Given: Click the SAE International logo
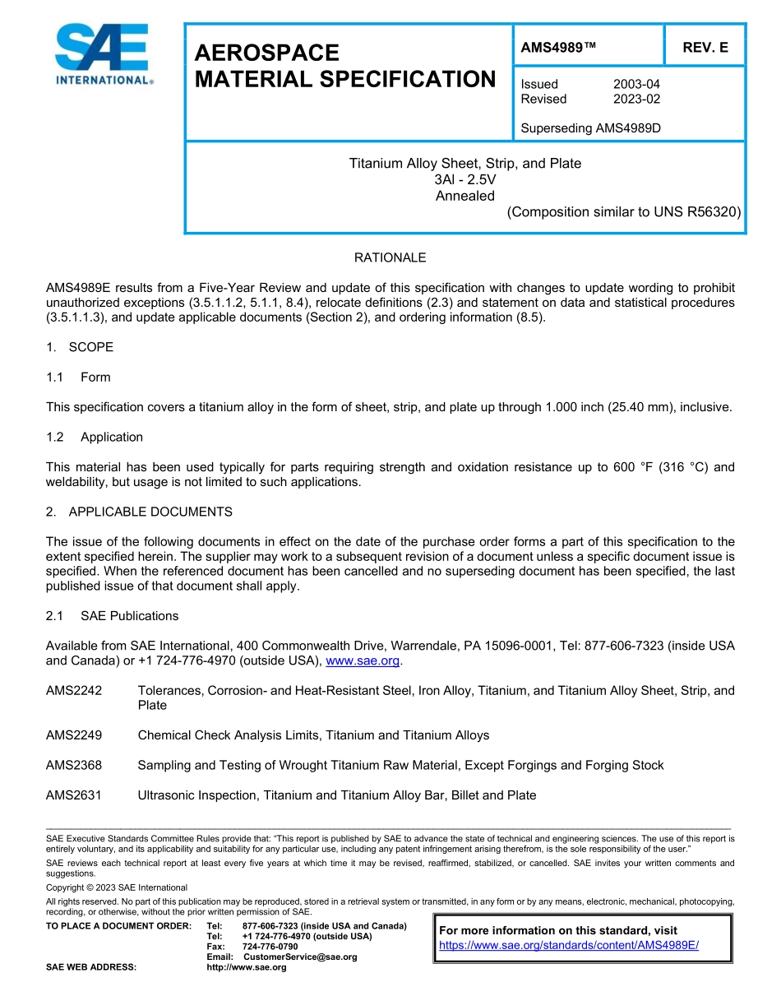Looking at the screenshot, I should pyautogui.click(x=102, y=54).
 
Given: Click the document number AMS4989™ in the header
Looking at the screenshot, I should pyautogui.click(x=558, y=48).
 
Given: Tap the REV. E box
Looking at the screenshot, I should pyautogui.click(x=705, y=48).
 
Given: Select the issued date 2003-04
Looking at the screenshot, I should pyautogui.click(x=636, y=84).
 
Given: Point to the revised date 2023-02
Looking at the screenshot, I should pyautogui.click(x=636, y=99).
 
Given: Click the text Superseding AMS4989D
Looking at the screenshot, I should pyautogui.click(x=591, y=128).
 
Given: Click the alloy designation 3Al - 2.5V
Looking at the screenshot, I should pyautogui.click(x=464, y=179).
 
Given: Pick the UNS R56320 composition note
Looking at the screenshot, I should pyautogui.click(x=624, y=211).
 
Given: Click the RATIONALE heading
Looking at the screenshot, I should pyautogui.click(x=390, y=257).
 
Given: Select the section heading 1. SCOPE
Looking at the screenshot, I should pyautogui.click(x=80, y=347).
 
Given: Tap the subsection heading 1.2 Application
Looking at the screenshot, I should pyautogui.click(x=95, y=437).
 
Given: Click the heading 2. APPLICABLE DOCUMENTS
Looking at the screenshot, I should pyautogui.click(x=139, y=512).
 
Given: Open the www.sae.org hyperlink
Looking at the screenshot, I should pyautogui.click(x=363, y=660).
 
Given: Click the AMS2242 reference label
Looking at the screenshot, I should pyautogui.click(x=74, y=691).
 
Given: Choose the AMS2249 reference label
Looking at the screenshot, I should pyautogui.click(x=74, y=735).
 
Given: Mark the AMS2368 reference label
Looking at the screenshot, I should pyautogui.click(x=74, y=765).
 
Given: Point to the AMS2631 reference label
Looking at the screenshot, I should pyautogui.click(x=74, y=795).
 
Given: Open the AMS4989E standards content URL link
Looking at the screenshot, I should pyautogui.click(x=569, y=945).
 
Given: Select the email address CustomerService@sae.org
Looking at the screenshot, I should pyautogui.click(x=300, y=957).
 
